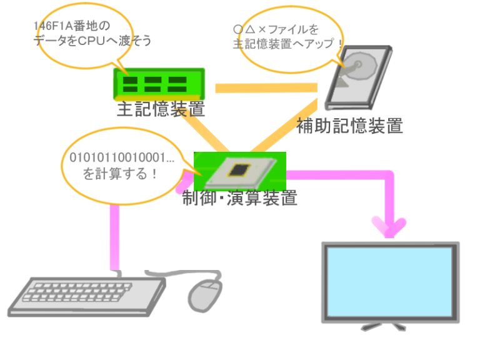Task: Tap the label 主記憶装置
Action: coord(161,110)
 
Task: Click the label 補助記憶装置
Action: coord(349,126)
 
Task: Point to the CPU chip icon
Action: coord(240,169)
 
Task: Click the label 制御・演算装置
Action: coord(240,199)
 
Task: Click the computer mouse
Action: coord(205,293)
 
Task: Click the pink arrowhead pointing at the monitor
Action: coord(389,226)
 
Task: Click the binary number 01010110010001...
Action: coord(121,157)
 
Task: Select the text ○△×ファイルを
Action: coord(276,29)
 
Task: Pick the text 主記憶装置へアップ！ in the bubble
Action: coord(288,45)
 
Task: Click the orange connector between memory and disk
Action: coord(269,88)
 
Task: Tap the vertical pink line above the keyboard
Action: coord(114,237)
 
